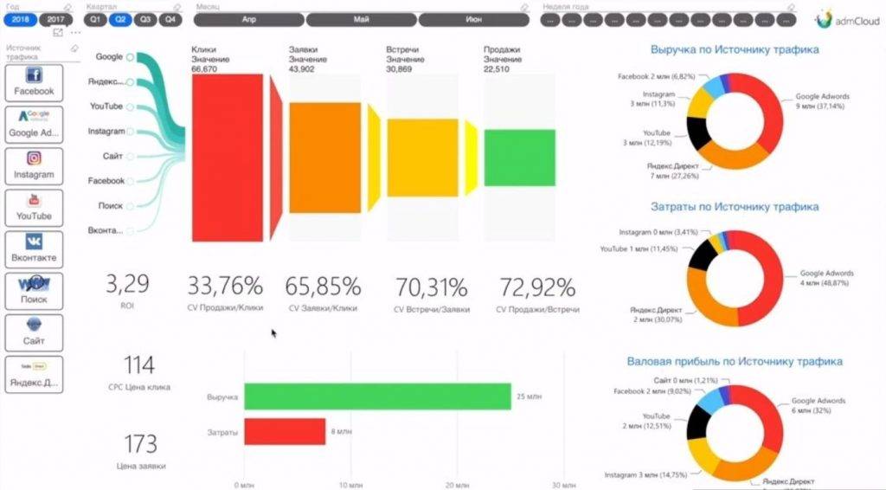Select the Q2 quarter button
tap(120, 18)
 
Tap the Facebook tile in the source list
tap(34, 82)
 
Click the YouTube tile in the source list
tap(34, 207)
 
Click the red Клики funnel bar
tap(227, 157)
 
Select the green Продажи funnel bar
tap(519, 157)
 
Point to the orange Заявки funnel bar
tap(324, 157)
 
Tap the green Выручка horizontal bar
tap(376, 397)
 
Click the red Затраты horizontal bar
tap(285, 431)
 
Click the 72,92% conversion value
tap(536, 287)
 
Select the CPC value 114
tap(139, 364)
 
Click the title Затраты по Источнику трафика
tap(734, 208)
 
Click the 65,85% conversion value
tap(324, 287)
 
